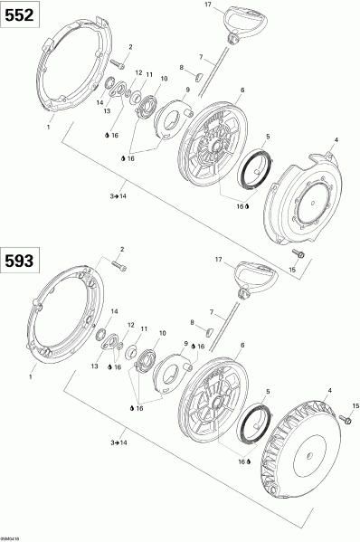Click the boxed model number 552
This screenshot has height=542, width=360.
point(18,16)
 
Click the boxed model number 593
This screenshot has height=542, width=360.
point(18,261)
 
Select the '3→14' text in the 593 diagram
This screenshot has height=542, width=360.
point(118,443)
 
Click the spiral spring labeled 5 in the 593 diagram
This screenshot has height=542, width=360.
point(255,420)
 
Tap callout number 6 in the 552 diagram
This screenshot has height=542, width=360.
point(243,90)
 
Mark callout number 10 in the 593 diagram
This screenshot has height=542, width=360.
point(163,333)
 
